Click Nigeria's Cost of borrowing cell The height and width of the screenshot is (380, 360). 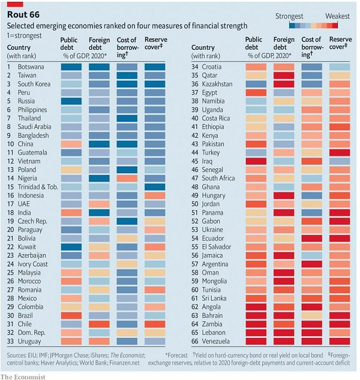click(127, 179)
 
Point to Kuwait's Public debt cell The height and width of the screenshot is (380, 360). click(71, 247)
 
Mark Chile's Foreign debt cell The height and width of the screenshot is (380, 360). click(99, 324)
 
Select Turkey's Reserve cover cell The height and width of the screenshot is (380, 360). click(340, 153)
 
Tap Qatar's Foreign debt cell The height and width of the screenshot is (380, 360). click(284, 76)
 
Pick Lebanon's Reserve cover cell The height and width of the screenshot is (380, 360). click(340, 333)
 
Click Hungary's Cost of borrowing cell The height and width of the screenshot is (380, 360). click(311, 195)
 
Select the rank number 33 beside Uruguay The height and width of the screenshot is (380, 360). click(10, 341)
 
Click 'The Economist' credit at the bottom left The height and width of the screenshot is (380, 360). click(23, 375)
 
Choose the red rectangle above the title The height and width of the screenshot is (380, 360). click(15, 4)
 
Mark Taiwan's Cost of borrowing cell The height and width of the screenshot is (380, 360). click(127, 76)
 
